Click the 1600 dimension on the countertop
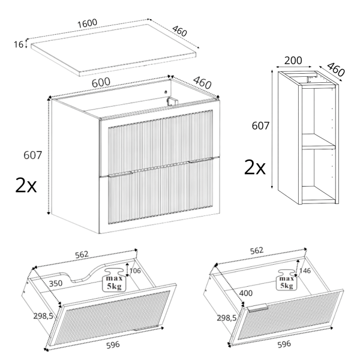tap(87, 23)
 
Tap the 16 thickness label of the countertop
tap(19, 44)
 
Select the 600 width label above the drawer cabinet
tap(101, 82)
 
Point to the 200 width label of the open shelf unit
tap(293, 61)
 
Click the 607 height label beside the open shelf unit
tap(260, 126)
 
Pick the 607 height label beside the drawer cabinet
tap(33, 155)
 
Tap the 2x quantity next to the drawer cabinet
tap(26, 185)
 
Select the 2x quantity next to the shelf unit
tap(254, 167)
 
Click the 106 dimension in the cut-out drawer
tap(135, 271)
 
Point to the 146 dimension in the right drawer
tap(305, 271)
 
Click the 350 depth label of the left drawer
tap(56, 283)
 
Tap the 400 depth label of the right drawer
tap(245, 293)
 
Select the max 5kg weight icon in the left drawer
tap(114, 280)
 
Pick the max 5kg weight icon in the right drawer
tap(286, 280)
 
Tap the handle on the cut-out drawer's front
tap(146, 328)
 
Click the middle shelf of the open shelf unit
tap(319, 142)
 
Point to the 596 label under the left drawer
tap(113, 345)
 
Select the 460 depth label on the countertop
tap(179, 31)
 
